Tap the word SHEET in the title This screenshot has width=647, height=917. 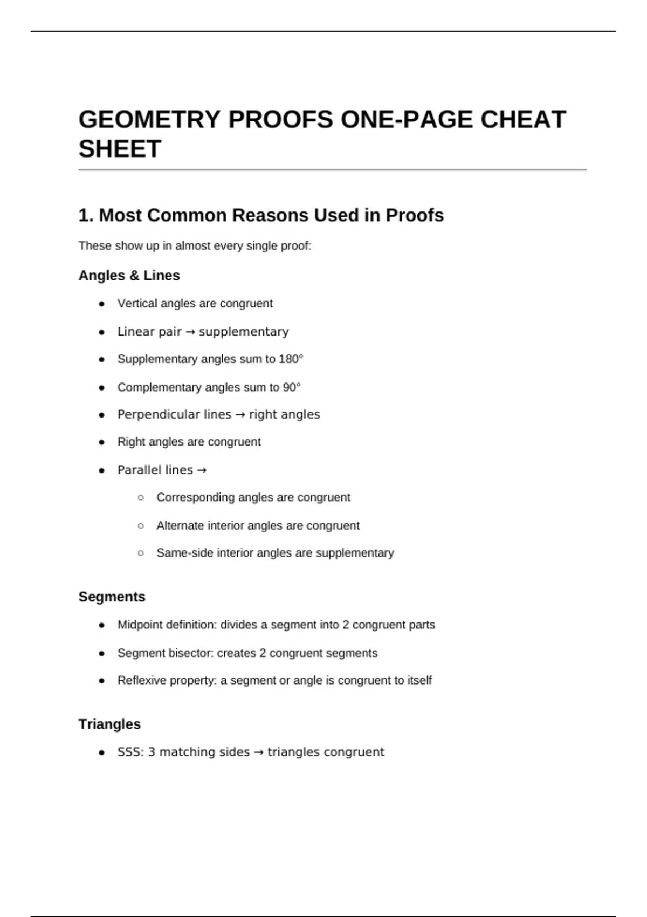coord(120,149)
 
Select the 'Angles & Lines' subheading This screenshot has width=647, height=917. coord(129,276)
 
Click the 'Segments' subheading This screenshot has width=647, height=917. coord(112,597)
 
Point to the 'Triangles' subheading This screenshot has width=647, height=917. coord(109,724)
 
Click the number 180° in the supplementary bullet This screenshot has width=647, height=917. coord(291,359)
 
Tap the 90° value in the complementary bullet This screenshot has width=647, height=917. coord(292,387)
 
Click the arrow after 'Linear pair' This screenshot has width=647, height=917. coord(190,332)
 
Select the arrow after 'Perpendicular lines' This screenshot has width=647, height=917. coord(240,415)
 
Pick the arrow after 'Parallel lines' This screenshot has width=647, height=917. coord(202,470)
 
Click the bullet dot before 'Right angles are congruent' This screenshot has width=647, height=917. coord(101,442)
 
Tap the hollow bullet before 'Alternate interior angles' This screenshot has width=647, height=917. coord(141,526)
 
